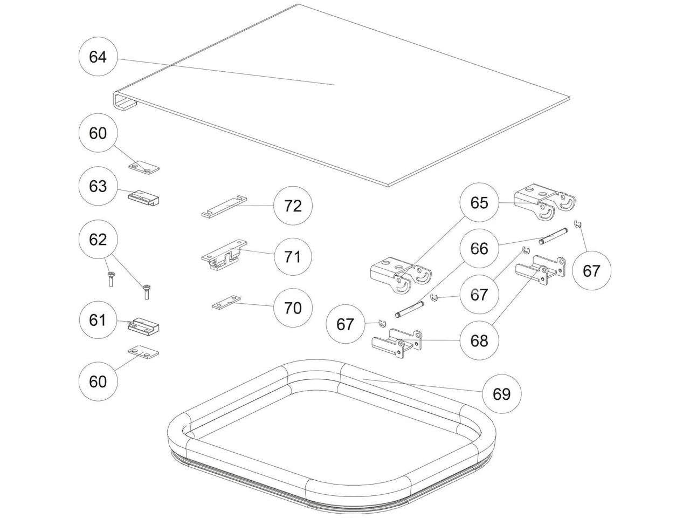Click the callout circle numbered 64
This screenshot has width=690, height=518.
pyautogui.click(x=98, y=57)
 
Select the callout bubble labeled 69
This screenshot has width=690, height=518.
pyautogui.click(x=501, y=394)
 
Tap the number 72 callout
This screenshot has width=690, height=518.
pyautogui.click(x=293, y=206)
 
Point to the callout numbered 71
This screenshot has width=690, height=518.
pyautogui.click(x=293, y=257)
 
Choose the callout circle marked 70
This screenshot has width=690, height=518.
pyautogui.click(x=293, y=308)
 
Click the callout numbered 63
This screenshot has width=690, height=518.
pyautogui.click(x=98, y=186)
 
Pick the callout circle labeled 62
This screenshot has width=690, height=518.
pyautogui.click(x=98, y=240)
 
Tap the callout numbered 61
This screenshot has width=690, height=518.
pyautogui.click(x=98, y=321)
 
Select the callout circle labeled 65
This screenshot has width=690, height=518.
pyautogui.click(x=479, y=203)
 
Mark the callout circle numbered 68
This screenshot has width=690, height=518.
pyautogui.click(x=479, y=341)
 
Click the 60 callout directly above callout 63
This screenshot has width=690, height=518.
pyautogui.click(x=98, y=133)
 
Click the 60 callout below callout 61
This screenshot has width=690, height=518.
pyautogui.click(x=98, y=382)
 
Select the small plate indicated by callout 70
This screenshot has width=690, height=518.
pyautogui.click(x=226, y=304)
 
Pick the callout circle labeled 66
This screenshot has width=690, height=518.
pyautogui.click(x=479, y=249)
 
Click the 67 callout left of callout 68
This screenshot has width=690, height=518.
pyautogui.click(x=345, y=324)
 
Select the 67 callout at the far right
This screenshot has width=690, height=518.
pyautogui.click(x=591, y=270)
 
